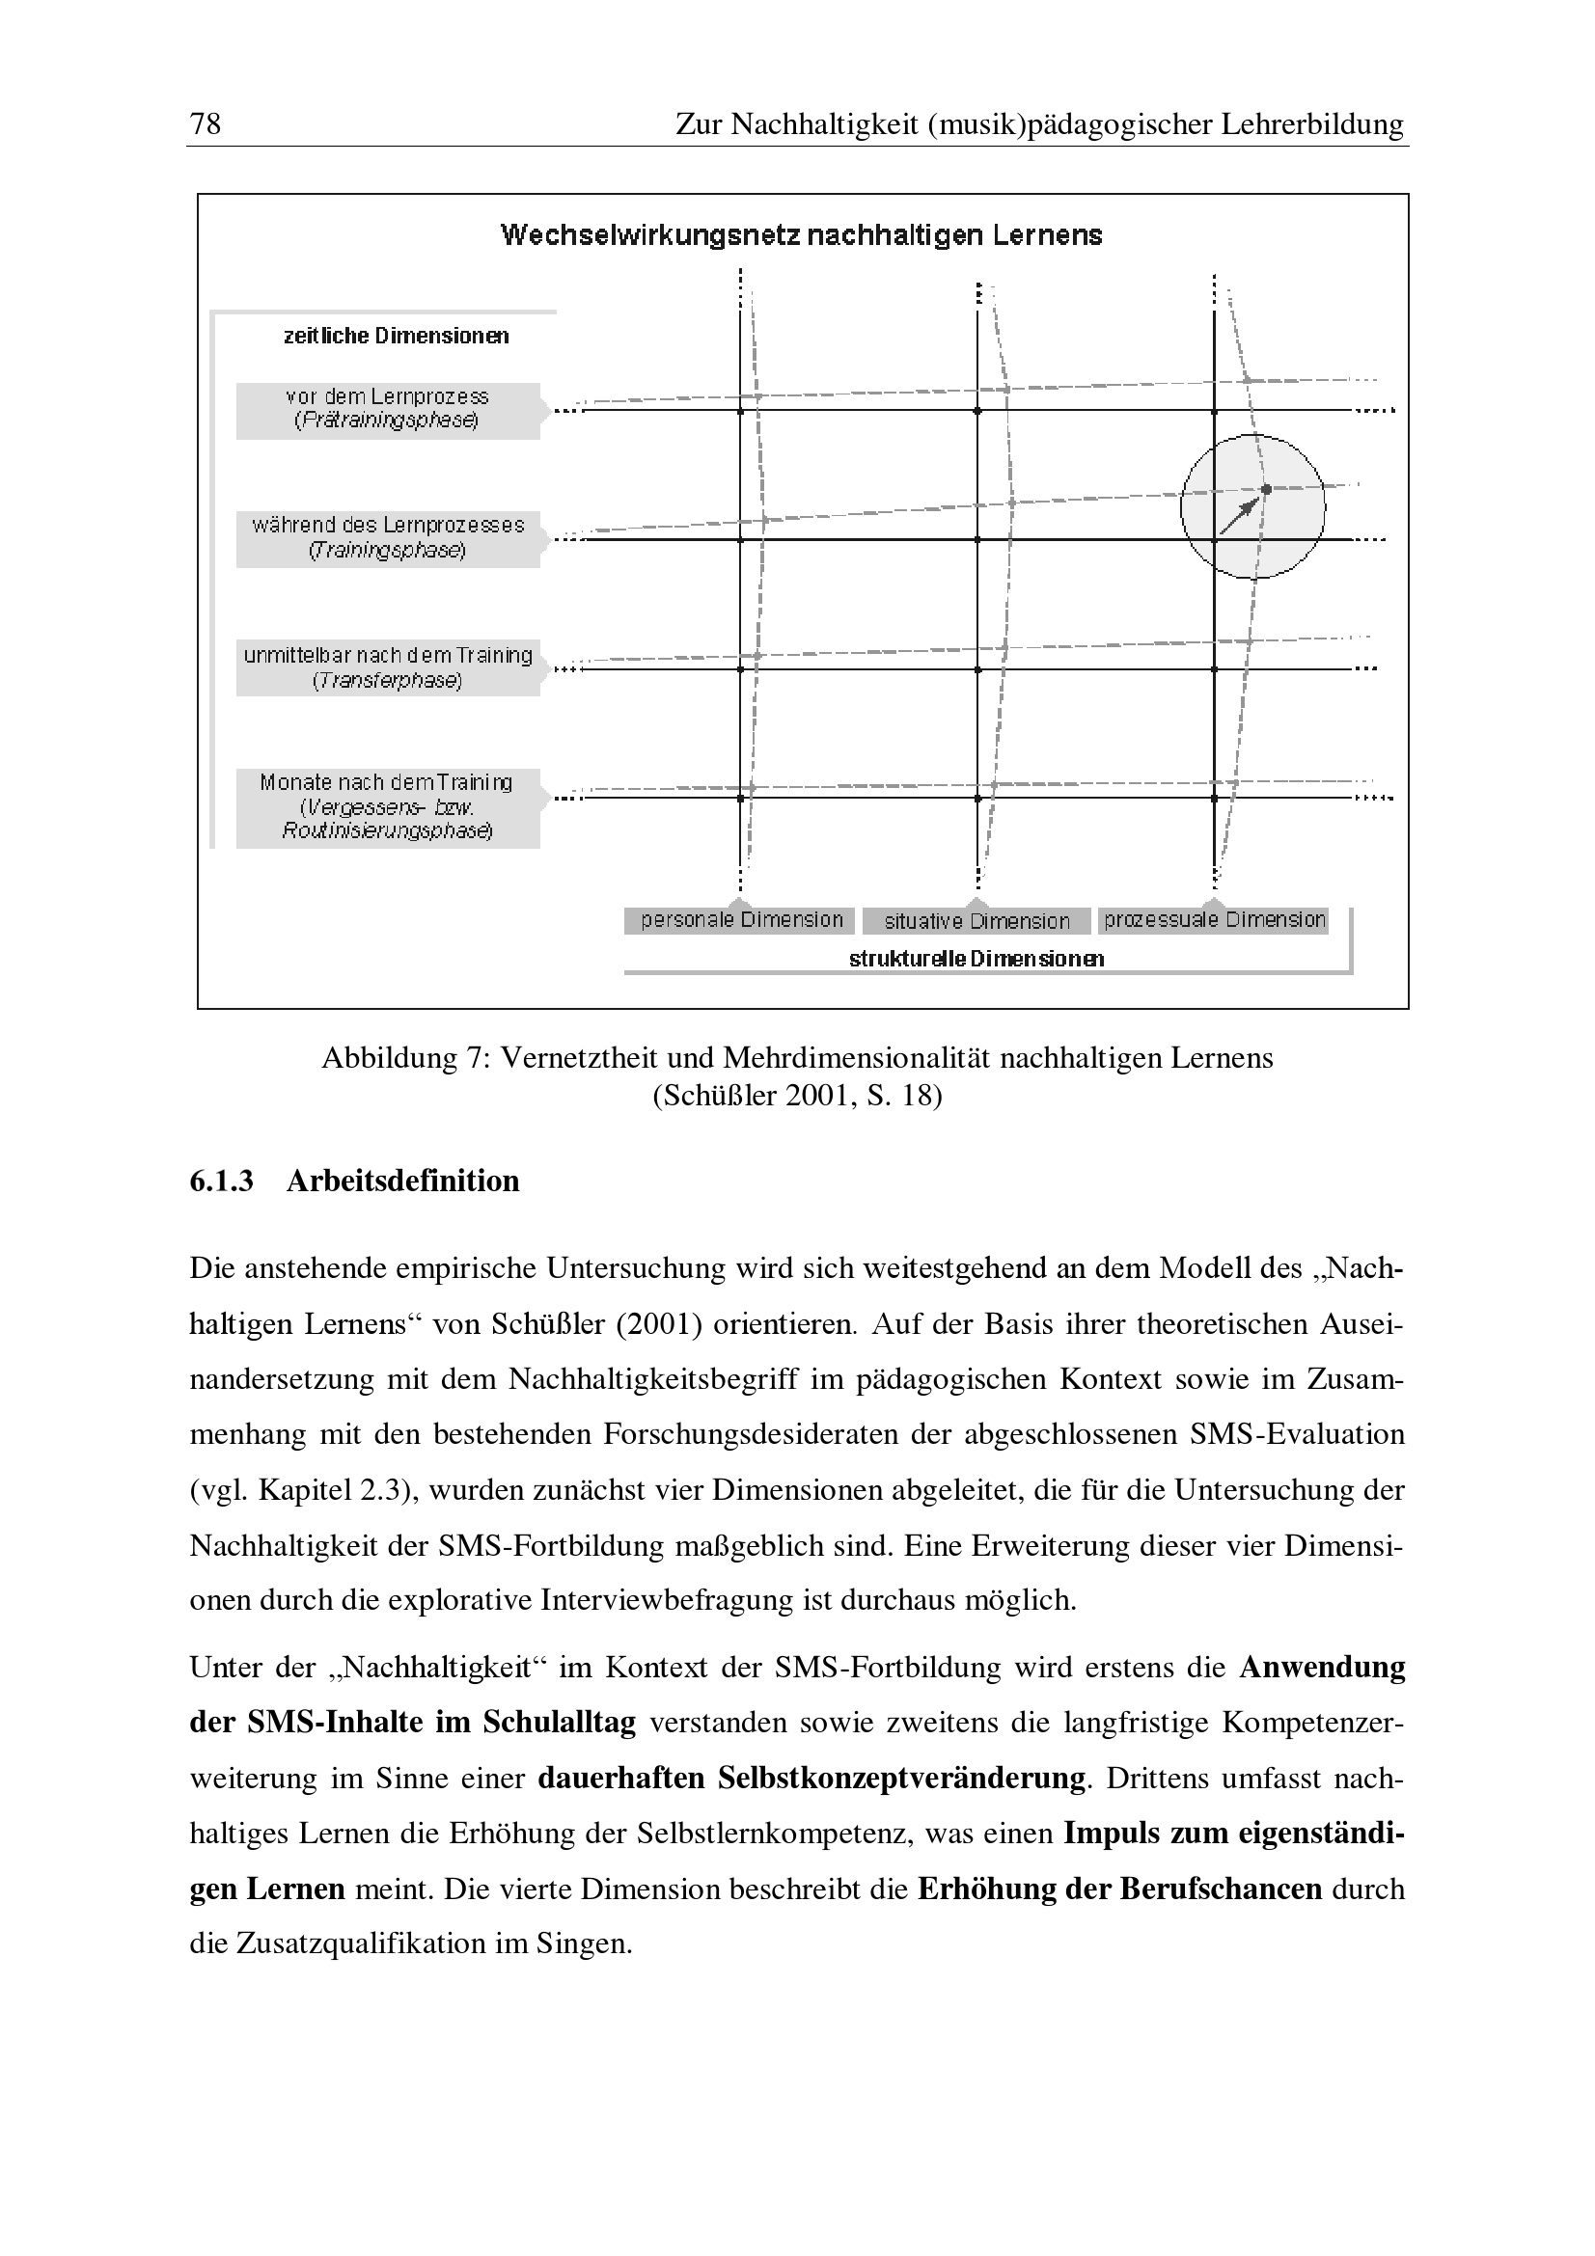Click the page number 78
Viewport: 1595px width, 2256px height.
click(206, 123)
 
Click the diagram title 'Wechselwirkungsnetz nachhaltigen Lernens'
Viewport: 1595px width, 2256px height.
click(801, 235)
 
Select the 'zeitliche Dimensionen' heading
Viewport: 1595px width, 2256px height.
click(396, 336)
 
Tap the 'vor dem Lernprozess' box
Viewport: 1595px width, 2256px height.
click(387, 410)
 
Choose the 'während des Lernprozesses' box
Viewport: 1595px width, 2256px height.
click(387, 538)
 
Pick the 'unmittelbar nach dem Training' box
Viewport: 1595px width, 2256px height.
click(387, 667)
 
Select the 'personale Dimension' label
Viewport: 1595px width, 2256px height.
click(741, 921)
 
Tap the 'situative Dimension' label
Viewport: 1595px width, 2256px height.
click(976, 922)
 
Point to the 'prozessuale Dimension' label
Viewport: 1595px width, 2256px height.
click(1214, 921)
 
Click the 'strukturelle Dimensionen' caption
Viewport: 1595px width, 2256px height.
click(976, 959)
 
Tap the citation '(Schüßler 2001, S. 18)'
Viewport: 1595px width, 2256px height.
click(797, 1096)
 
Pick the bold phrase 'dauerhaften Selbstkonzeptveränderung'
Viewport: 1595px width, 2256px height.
click(811, 1779)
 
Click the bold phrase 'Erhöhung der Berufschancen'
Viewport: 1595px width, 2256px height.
click(1119, 1889)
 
